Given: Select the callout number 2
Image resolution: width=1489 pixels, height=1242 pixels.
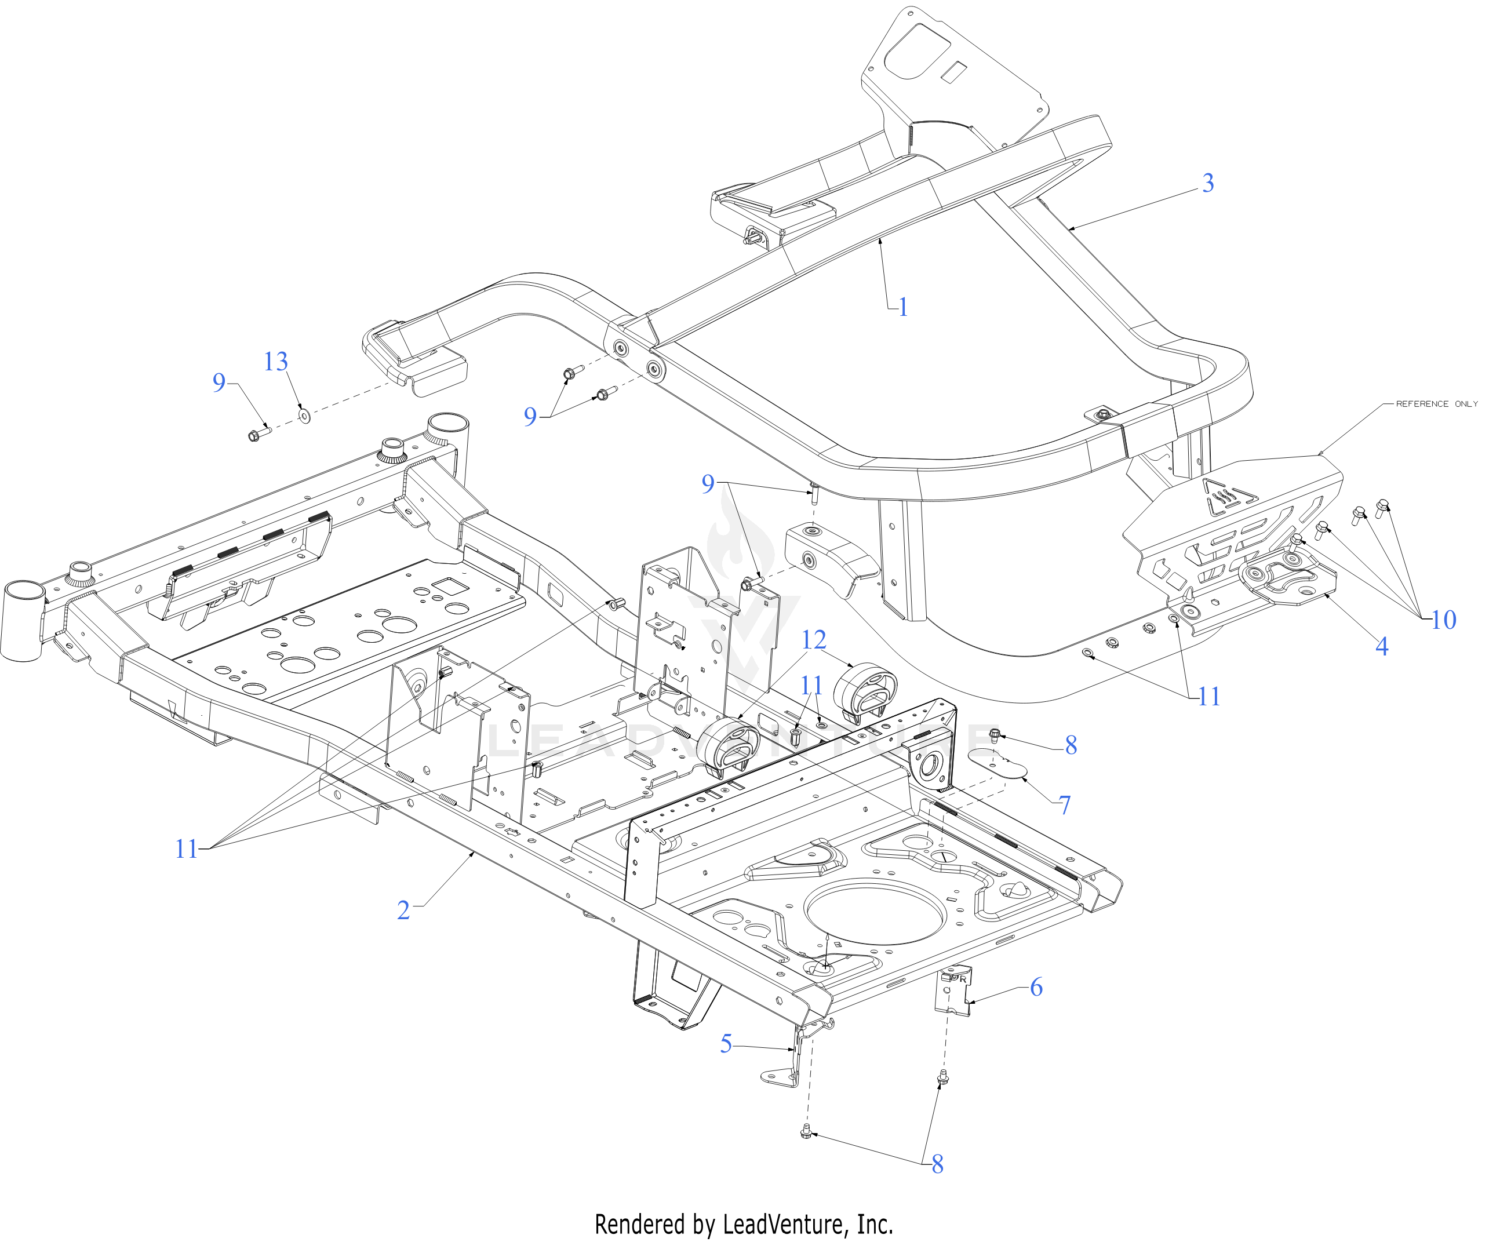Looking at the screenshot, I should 403,910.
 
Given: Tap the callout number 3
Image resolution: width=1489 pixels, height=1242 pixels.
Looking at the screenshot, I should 1207,183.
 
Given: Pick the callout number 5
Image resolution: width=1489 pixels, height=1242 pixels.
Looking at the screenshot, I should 726,1044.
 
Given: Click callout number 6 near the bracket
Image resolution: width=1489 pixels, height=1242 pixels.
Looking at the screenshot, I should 1036,987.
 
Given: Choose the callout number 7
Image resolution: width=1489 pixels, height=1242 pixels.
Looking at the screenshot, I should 1064,804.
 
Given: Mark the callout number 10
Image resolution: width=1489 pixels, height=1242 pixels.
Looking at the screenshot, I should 1443,620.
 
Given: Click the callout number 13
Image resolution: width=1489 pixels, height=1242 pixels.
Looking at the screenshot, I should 276,362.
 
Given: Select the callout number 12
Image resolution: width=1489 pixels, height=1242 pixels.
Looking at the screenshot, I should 813,640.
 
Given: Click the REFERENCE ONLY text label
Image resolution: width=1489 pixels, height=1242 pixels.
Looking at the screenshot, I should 1436,404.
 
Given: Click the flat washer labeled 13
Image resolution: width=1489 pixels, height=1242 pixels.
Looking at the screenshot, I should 304,416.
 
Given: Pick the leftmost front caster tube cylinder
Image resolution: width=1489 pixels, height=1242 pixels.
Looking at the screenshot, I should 23,622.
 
